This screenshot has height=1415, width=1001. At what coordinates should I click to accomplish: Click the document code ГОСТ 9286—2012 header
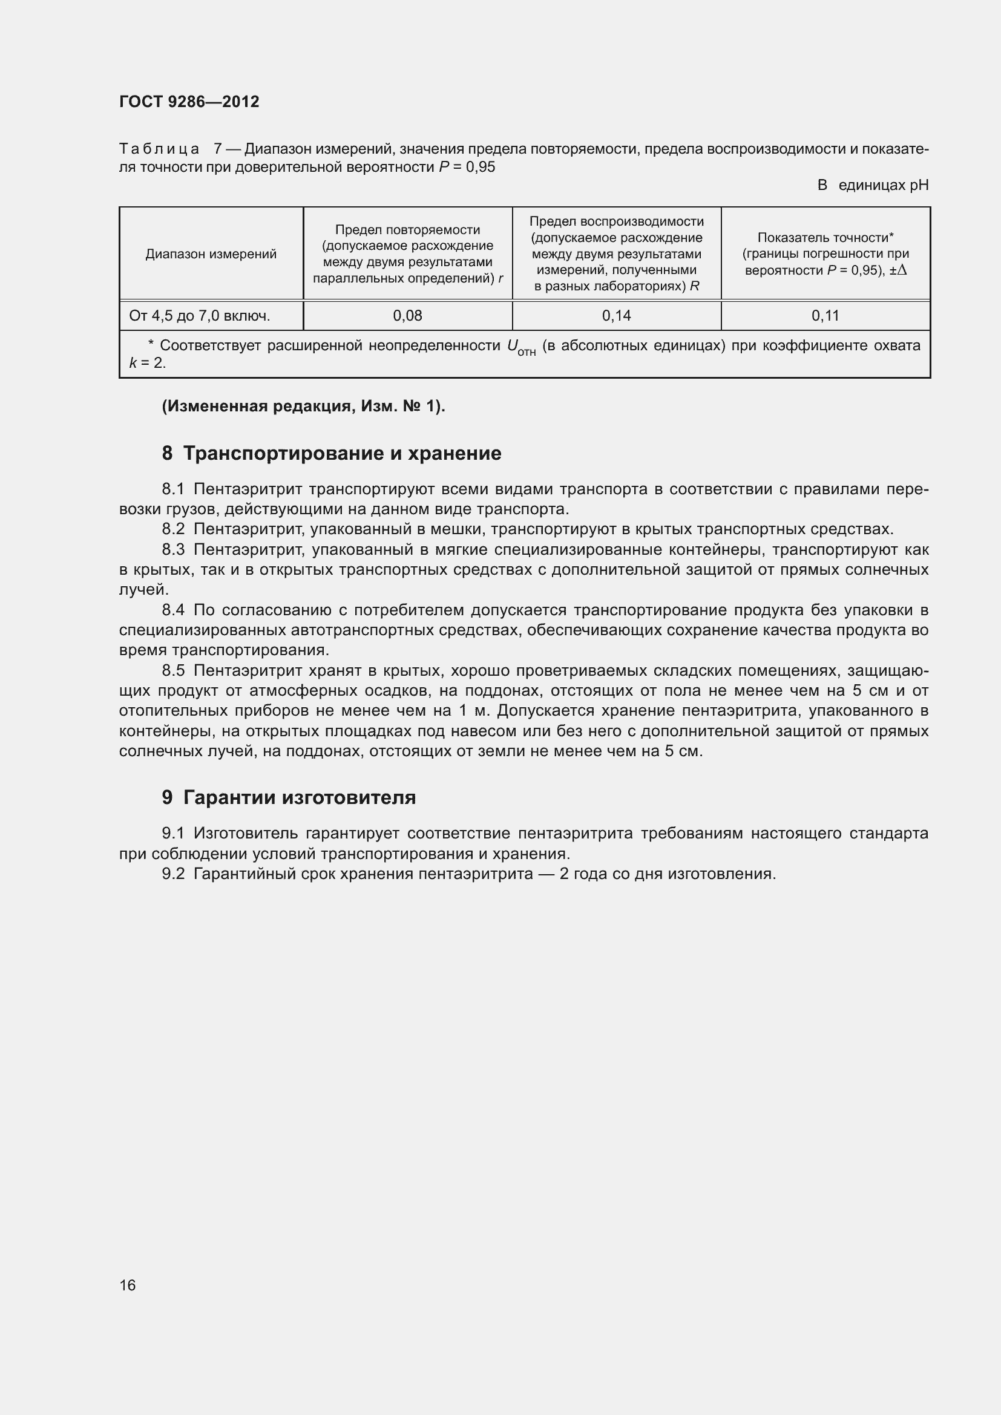(x=189, y=102)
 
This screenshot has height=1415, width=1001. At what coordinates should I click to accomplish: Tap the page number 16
(x=128, y=1285)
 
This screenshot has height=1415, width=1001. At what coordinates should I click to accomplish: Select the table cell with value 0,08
(x=407, y=316)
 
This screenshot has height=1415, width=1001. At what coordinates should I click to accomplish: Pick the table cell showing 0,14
(x=616, y=316)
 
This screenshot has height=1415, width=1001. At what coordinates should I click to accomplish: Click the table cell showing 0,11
(x=825, y=316)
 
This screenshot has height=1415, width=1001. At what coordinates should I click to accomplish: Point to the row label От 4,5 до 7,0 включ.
(x=200, y=316)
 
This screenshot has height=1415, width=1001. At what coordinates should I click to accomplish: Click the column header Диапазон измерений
(x=211, y=254)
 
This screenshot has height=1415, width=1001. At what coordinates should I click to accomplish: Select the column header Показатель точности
(x=825, y=238)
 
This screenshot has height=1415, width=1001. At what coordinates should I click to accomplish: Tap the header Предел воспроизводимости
(x=616, y=221)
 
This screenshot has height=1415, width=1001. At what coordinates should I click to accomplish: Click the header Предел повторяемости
(x=407, y=230)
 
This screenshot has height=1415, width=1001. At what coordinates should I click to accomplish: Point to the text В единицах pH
(x=873, y=185)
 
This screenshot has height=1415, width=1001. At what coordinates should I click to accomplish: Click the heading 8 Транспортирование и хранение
(x=332, y=454)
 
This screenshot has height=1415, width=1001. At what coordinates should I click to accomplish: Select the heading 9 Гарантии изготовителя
(x=289, y=797)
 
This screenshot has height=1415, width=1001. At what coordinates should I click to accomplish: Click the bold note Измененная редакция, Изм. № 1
(x=303, y=406)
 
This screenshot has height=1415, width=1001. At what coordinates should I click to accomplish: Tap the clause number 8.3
(x=173, y=549)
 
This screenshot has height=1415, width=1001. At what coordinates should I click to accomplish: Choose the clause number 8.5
(x=173, y=670)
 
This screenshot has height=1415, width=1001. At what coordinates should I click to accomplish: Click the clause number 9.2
(x=173, y=874)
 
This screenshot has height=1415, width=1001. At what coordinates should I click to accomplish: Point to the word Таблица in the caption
(x=159, y=149)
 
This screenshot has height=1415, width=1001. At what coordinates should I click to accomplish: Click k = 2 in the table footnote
(x=147, y=363)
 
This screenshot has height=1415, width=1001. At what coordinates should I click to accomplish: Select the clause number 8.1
(x=173, y=489)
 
